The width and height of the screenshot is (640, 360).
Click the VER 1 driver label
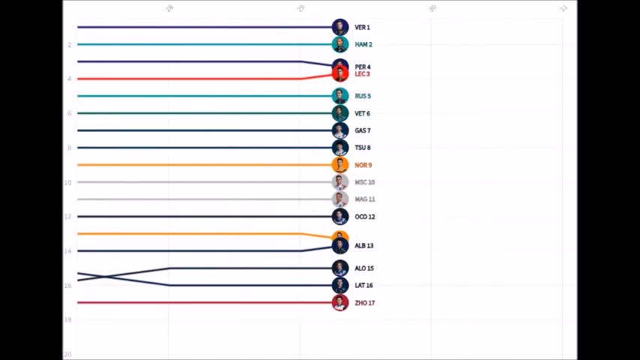tap(362, 28)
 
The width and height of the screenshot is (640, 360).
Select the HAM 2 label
tap(363, 45)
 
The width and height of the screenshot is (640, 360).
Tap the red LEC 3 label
tap(362, 74)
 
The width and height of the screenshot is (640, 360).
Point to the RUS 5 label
tap(363, 96)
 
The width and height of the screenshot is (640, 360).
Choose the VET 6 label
tap(362, 113)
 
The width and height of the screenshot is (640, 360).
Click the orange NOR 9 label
tap(363, 165)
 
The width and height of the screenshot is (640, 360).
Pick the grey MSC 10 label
tap(364, 182)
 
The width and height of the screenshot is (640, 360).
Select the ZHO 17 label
tap(364, 303)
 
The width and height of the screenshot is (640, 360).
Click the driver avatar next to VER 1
tap(340, 27)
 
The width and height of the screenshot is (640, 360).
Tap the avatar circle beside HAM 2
tap(340, 44)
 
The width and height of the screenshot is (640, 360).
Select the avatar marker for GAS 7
tap(340, 130)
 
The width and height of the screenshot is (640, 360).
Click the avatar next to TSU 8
tap(340, 148)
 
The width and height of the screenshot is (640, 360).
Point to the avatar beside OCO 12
tap(340, 217)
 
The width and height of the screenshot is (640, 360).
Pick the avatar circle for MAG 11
tap(340, 199)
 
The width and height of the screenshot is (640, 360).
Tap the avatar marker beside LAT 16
tap(340, 285)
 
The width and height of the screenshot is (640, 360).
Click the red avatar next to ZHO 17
tap(340, 303)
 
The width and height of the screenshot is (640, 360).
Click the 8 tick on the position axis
tap(68, 148)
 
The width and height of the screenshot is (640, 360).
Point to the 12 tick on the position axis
tap(67, 217)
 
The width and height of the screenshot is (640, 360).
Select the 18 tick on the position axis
tap(67, 320)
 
